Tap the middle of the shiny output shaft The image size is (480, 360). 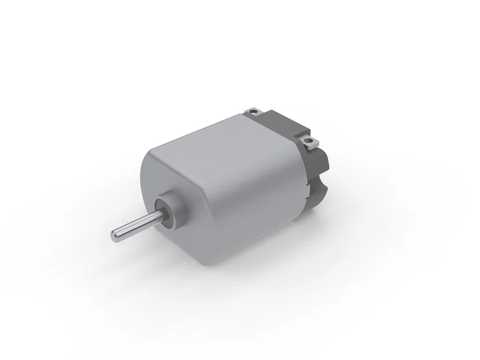pyautogui.click(x=135, y=225)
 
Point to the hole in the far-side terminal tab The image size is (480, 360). pyautogui.click(x=252, y=108)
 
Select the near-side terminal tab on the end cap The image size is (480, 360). pyautogui.click(x=310, y=141)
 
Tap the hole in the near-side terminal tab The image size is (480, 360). pyautogui.click(x=309, y=140)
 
